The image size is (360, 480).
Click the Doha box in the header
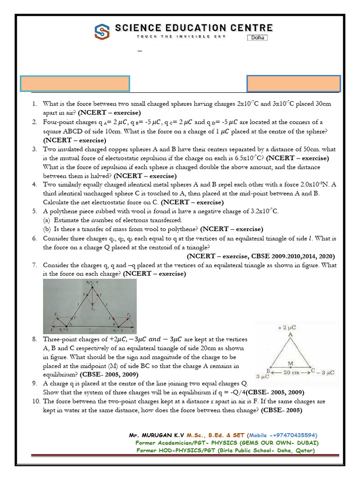[257, 37]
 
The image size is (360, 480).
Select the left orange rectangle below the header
[75, 83]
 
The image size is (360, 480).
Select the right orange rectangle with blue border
[294, 83]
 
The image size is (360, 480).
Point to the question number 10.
[36, 402]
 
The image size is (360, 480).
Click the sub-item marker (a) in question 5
[47, 220]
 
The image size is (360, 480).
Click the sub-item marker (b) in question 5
[47, 229]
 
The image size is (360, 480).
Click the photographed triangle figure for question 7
[90, 305]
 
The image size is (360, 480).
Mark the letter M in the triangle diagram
[291, 363]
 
